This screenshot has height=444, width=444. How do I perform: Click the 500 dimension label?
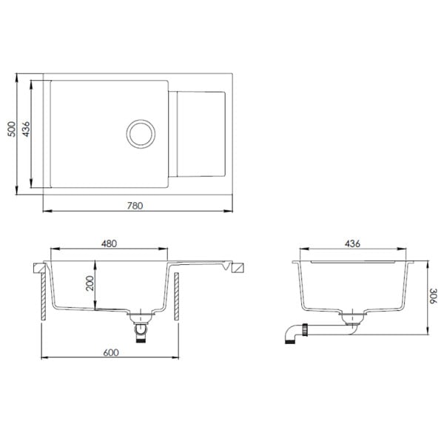(12, 129)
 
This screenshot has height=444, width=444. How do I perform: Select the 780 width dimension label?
(135, 206)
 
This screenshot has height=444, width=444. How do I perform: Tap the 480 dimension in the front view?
(109, 243)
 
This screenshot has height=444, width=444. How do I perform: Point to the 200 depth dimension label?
(90, 283)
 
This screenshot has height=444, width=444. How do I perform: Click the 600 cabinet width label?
(111, 352)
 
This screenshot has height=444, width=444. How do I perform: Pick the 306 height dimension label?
(433, 296)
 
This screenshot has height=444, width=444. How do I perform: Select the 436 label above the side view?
(352, 243)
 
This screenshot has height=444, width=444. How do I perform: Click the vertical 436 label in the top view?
(26, 129)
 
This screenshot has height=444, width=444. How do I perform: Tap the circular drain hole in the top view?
(141, 134)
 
